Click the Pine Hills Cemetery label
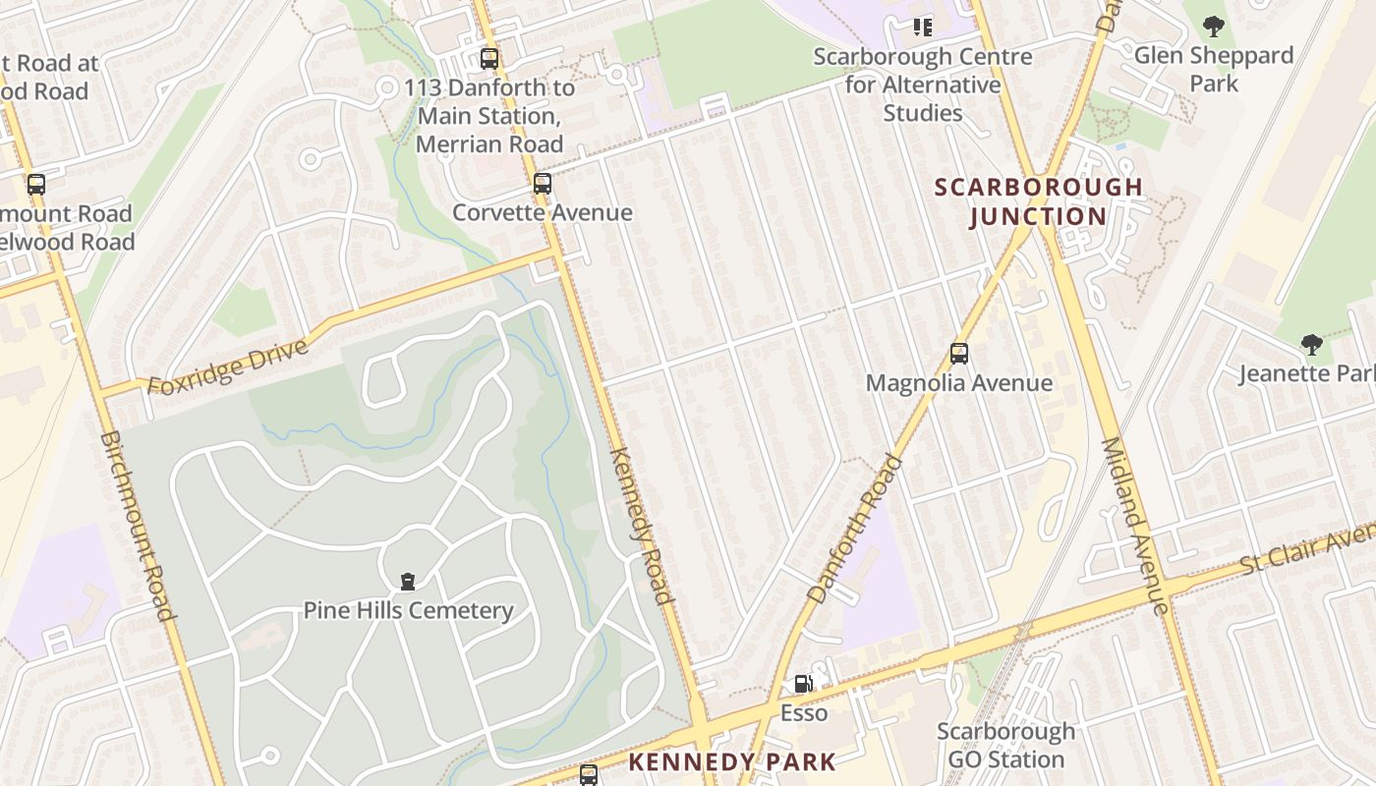(408, 610)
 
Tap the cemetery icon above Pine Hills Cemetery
(408, 582)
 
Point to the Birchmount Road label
(139, 526)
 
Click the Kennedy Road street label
(642, 526)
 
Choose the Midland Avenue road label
(1133, 526)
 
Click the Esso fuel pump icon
(804, 684)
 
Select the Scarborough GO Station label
(1005, 746)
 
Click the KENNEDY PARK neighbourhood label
(732, 761)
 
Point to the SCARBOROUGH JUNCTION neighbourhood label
(1038, 201)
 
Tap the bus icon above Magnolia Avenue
(959, 354)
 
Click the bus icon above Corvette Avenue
(543, 184)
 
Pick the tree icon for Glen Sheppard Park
(1214, 27)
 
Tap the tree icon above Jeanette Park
(1311, 345)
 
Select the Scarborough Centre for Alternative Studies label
(923, 84)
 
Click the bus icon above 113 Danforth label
(489, 59)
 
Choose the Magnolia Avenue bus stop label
(959, 383)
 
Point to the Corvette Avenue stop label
(543, 212)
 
